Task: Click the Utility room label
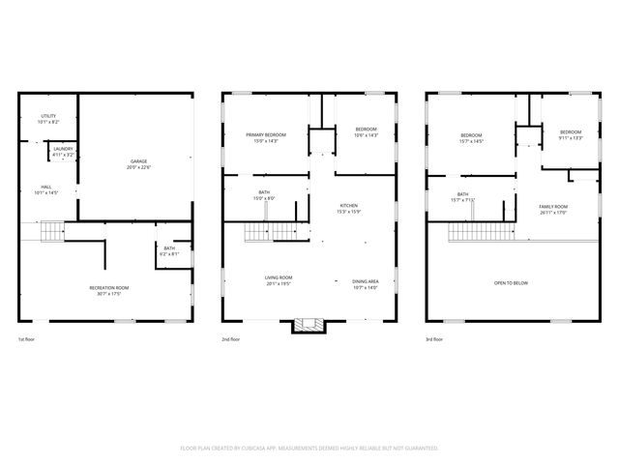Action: point(48,119)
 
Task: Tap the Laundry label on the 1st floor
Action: point(63,151)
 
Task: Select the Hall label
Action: point(46,189)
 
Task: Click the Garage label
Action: point(139,163)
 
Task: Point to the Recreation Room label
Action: point(108,290)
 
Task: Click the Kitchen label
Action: point(348,209)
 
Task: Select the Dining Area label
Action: point(365,283)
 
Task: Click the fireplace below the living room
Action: point(309,326)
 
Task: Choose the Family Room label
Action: point(553,209)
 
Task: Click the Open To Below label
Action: point(510,282)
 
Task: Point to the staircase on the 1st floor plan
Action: point(50,231)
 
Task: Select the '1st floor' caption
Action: point(27,339)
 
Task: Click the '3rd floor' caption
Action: point(435,339)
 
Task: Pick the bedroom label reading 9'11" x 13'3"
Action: point(570,134)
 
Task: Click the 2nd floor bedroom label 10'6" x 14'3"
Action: point(366,132)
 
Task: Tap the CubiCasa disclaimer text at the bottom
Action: point(309,448)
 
